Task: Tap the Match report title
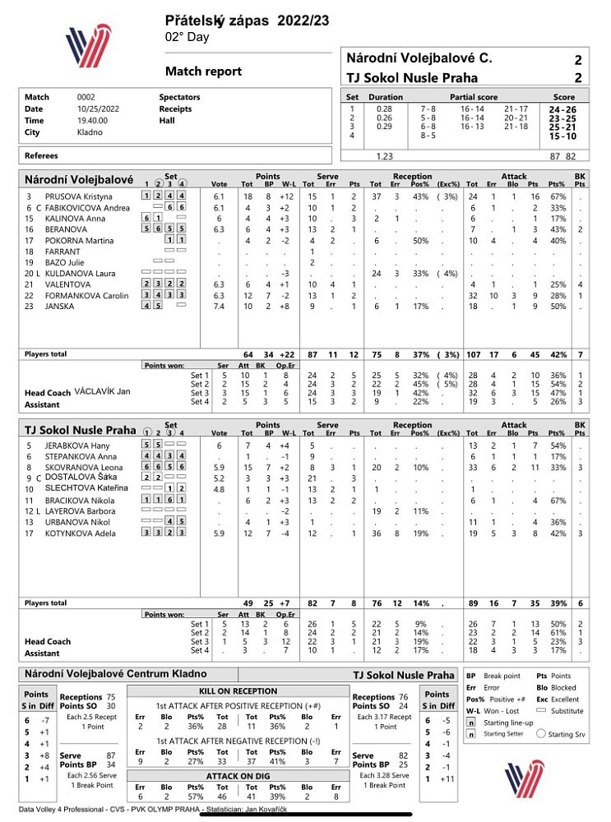coord(203,72)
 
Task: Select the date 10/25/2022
coord(98,109)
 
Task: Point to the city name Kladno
coord(90,132)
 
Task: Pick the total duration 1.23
coord(384,155)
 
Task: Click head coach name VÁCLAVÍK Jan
coord(104,393)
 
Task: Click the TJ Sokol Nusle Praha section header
coord(80,430)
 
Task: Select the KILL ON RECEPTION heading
coord(238,691)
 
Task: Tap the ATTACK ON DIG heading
coord(238,775)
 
